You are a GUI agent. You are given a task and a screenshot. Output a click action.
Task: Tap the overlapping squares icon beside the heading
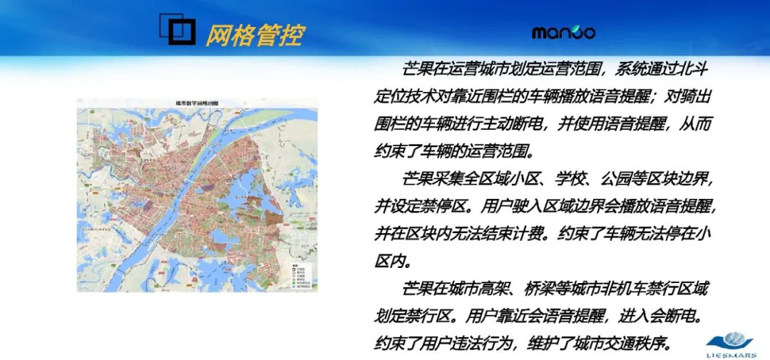click(x=176, y=29)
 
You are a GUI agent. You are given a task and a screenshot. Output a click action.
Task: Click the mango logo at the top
click(x=563, y=33)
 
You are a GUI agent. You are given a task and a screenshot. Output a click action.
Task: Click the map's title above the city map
click(x=197, y=104)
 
